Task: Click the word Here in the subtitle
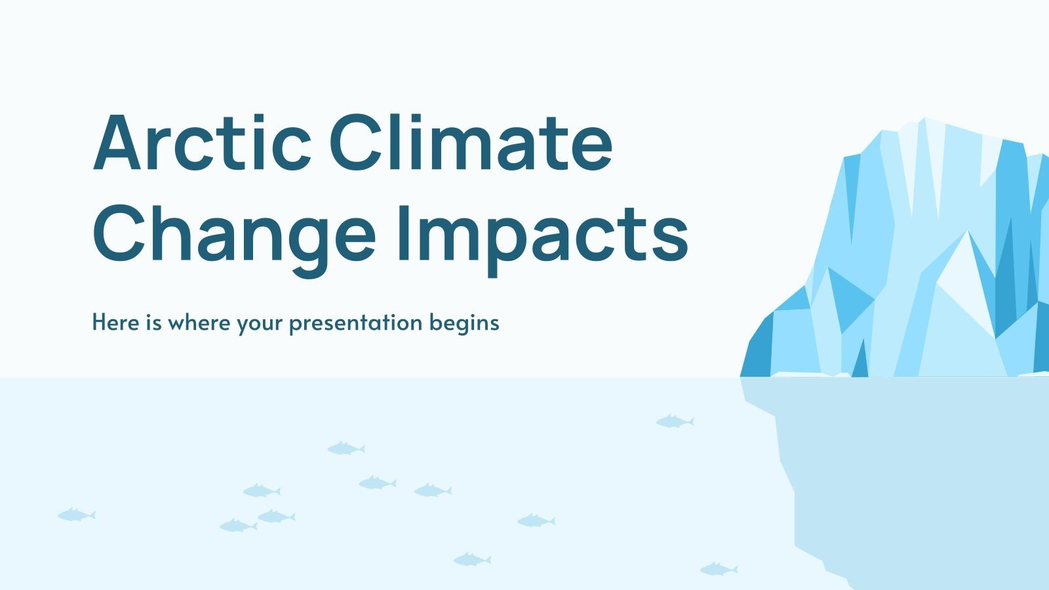tap(115, 323)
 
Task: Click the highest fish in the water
tap(675, 421)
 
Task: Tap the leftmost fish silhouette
tap(76, 515)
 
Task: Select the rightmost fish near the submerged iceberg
tap(718, 568)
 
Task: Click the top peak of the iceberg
tap(925, 122)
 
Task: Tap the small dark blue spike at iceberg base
tap(860, 361)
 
